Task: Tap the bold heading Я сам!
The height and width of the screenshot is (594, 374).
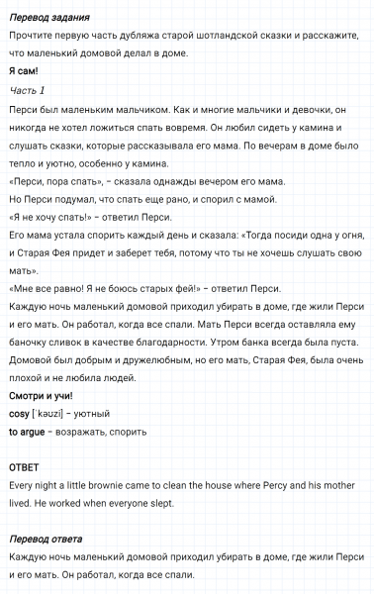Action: (24, 71)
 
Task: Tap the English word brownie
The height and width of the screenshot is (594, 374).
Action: (118, 484)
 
